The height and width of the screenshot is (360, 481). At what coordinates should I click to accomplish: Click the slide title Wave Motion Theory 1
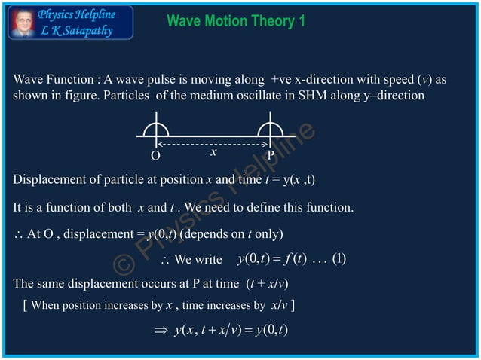pyautogui.click(x=236, y=21)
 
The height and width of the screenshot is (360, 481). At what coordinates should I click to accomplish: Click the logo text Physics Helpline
pyautogui.click(x=77, y=14)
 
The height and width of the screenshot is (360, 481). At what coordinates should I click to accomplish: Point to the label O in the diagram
pyautogui.click(x=155, y=155)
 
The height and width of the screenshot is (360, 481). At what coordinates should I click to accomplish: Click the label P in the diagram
pyautogui.click(x=271, y=155)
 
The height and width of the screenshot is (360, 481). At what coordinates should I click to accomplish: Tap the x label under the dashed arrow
pyautogui.click(x=213, y=152)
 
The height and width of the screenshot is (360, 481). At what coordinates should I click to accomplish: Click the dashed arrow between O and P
pyautogui.click(x=213, y=142)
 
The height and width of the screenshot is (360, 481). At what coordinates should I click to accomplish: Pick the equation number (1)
pyautogui.click(x=339, y=259)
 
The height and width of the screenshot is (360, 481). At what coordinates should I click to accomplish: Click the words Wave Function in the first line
pyautogui.click(x=48, y=79)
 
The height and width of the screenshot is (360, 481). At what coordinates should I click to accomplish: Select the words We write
pyautogui.click(x=198, y=260)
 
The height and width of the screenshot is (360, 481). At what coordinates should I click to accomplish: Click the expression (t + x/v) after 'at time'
pyautogui.click(x=268, y=284)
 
